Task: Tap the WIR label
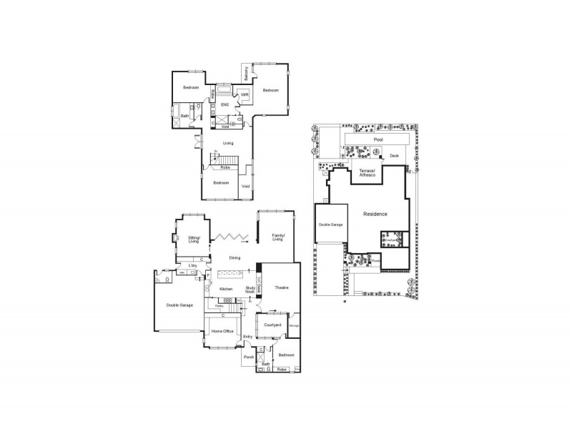[244, 94]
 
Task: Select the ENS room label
[225, 105]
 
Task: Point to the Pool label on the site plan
[378, 139]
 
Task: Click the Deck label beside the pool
[394, 155]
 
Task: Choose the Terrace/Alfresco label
[367, 172]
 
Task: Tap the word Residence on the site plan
[375, 214]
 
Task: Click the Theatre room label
[281, 287]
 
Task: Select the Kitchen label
[227, 289]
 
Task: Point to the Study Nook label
[250, 290]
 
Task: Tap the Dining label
[234, 257]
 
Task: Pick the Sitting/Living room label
[194, 240]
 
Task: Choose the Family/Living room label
[277, 238]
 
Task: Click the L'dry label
[192, 266]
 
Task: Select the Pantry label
[219, 305]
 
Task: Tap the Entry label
[248, 337]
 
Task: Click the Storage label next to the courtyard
[294, 325]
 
